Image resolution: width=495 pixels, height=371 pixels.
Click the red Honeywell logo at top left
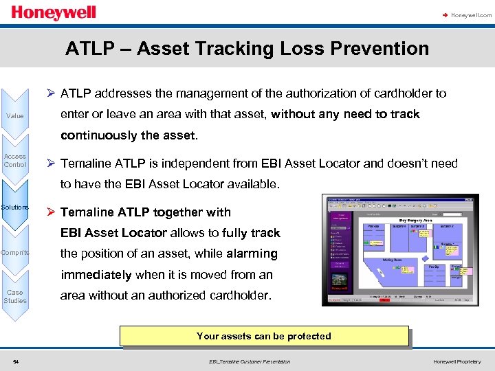(54, 13)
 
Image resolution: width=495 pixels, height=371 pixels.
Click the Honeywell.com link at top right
(471, 14)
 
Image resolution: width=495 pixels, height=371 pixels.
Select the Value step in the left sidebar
(15, 115)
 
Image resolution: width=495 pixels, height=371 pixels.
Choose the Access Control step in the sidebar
(15, 160)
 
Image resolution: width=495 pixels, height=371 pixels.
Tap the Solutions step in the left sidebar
(15, 207)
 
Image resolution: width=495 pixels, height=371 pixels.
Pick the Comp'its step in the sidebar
(15, 252)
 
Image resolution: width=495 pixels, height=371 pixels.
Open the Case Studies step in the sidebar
(15, 296)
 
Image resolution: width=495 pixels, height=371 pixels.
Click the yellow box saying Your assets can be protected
(264, 336)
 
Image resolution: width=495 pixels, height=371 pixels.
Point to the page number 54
(15, 361)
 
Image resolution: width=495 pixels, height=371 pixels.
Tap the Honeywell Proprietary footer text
(457, 361)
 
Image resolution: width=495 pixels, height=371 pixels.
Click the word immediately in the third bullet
(96, 275)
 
